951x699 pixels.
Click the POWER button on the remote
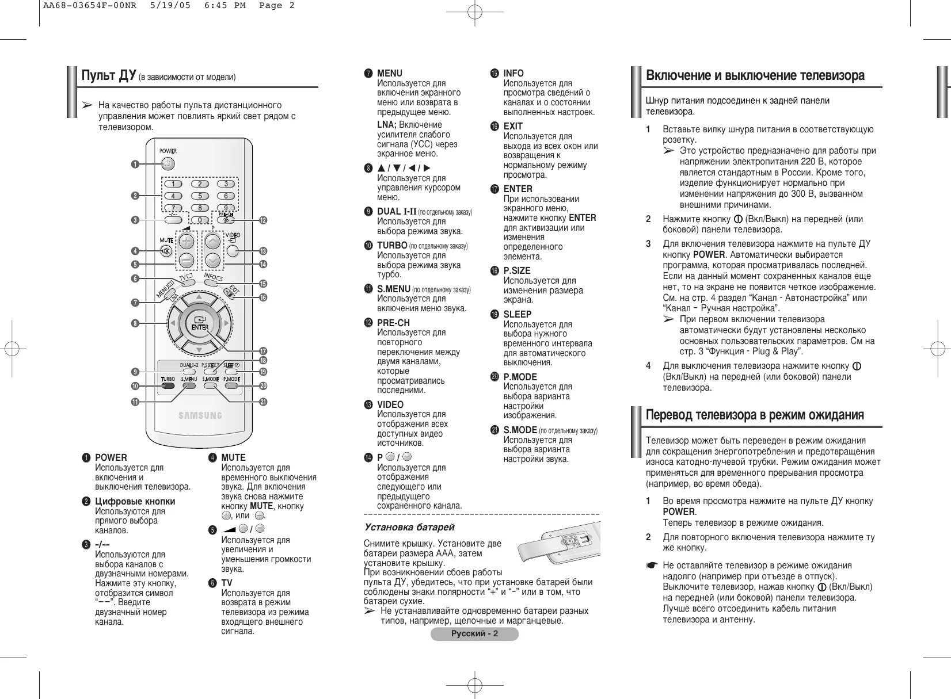point(167,164)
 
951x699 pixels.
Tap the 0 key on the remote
point(200,220)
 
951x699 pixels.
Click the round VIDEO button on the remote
point(233,250)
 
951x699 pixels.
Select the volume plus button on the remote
point(186,242)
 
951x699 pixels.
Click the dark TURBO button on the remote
point(168,386)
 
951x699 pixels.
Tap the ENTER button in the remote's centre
point(199,323)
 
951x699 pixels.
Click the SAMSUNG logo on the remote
point(200,415)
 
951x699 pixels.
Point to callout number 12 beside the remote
point(263,220)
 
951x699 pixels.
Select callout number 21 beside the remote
point(263,402)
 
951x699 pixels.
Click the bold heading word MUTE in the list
point(233,457)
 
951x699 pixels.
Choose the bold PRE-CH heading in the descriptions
point(393,323)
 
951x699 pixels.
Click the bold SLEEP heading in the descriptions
point(517,314)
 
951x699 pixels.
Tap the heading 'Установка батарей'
point(409,527)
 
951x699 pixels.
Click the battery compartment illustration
point(557,544)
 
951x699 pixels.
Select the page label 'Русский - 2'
point(474,634)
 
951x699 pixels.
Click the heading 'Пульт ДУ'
point(108,76)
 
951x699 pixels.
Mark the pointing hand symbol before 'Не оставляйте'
point(651,566)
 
